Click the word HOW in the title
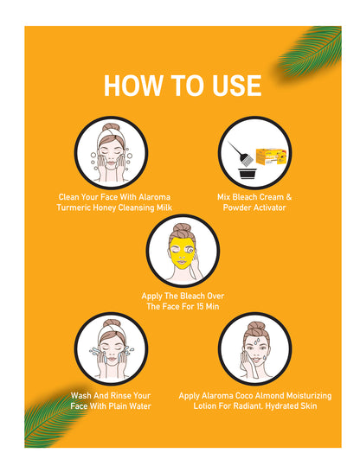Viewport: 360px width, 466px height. (132, 86)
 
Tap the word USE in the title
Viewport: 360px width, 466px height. (237, 86)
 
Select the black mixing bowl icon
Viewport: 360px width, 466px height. (247, 173)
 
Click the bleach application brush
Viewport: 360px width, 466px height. (241, 153)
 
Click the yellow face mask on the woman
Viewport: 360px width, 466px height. (181, 251)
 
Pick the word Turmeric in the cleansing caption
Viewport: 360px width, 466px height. (74, 207)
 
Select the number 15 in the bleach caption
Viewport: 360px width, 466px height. (200, 306)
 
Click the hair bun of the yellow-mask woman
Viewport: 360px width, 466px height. (182, 229)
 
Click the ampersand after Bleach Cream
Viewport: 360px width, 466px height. (288, 197)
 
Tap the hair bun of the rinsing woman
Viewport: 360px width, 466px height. (112, 324)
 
